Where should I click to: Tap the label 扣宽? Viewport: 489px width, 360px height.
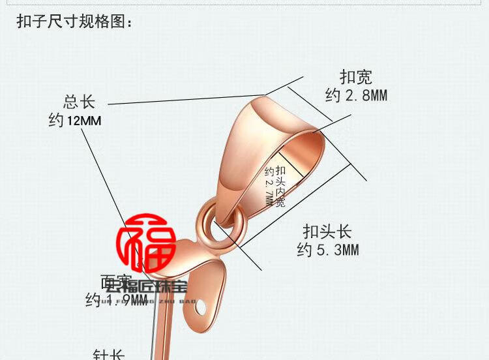pos(355,78)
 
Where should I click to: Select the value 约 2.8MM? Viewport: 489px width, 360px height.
pos(355,96)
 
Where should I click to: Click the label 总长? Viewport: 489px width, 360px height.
pos(79,102)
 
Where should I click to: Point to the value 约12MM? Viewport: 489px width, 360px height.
pos(75,121)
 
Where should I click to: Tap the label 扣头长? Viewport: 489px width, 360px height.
pos(327,232)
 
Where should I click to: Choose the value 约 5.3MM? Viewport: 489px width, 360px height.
pos(327,250)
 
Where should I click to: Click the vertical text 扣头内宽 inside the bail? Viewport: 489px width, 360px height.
pos(280,187)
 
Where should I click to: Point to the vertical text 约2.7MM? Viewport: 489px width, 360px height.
pos(269,187)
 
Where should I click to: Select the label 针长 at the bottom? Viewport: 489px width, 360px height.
pos(108,355)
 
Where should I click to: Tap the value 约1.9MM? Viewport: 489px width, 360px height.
pos(116,300)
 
